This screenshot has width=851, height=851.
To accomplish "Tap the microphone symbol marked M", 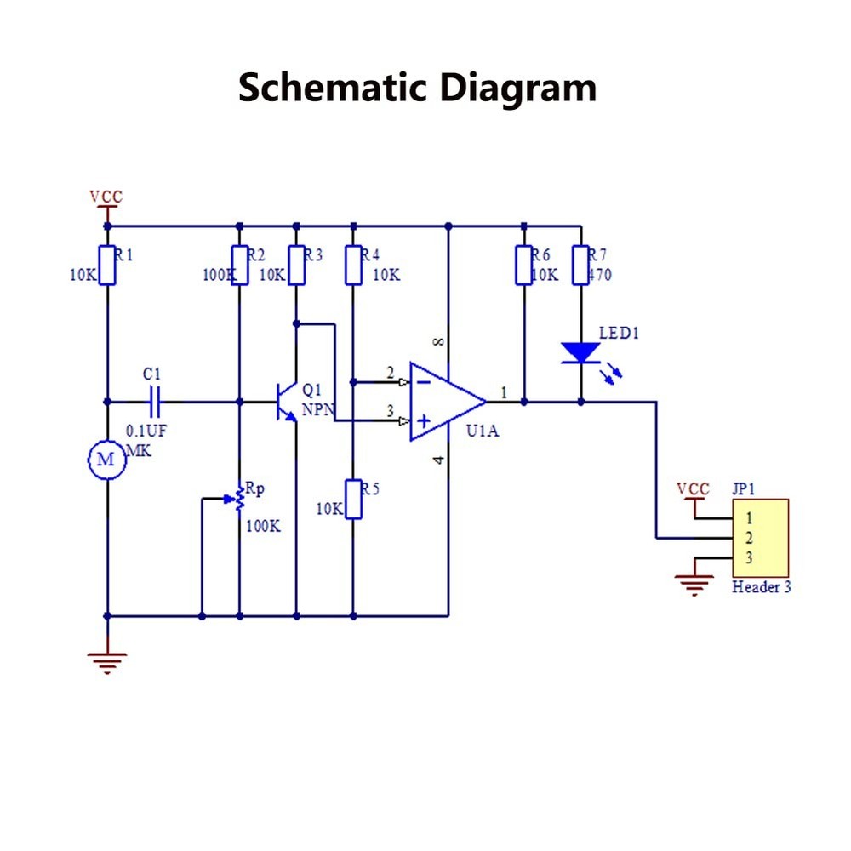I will [x=106, y=460].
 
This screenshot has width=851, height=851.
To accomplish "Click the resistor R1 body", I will [x=106, y=265].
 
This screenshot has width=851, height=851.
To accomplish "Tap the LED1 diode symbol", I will [x=580, y=352].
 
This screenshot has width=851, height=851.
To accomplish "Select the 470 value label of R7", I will [x=599, y=276].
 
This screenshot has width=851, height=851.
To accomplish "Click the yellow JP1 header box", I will [x=760, y=538].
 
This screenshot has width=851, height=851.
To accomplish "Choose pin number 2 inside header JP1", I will [x=749, y=538].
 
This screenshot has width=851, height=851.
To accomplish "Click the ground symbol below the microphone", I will [x=106, y=660].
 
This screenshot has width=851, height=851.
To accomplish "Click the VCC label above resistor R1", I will [x=106, y=197].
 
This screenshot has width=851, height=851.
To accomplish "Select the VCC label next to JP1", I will [x=693, y=489].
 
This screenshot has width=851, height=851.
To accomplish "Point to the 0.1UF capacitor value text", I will [x=146, y=431].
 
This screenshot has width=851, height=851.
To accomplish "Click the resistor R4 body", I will [x=353, y=265].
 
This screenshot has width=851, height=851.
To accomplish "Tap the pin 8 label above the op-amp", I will [x=439, y=342].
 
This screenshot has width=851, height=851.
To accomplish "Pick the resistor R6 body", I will [x=523, y=265].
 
